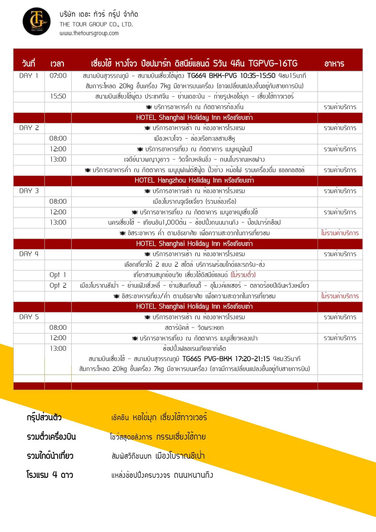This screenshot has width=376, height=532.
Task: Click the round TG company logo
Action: tap(36, 21)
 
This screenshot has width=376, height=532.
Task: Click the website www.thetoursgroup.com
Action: tap(89, 33)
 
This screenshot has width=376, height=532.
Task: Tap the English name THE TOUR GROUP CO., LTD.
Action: tap(96, 24)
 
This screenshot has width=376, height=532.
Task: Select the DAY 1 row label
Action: tap(29, 76)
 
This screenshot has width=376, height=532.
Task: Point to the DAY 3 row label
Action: tap(29, 191)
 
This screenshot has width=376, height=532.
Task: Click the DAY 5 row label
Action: tap(29, 317)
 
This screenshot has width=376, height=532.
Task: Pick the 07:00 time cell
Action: tap(58, 76)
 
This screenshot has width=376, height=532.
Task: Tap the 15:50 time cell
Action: tap(58, 96)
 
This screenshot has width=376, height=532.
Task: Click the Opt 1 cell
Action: tap(58, 275)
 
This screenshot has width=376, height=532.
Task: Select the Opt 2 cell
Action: tap(58, 286)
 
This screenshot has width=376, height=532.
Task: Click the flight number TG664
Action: tap(197, 76)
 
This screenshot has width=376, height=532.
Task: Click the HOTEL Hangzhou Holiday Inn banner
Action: tap(194, 180)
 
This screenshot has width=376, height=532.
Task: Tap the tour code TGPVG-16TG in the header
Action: tap(273, 63)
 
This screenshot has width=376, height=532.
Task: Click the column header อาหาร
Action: tap(334, 63)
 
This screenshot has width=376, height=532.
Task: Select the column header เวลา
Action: tap(57, 63)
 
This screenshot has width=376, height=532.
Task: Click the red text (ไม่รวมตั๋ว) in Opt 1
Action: tap(243, 275)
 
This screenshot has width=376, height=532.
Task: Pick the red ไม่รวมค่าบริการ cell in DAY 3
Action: tap(340, 233)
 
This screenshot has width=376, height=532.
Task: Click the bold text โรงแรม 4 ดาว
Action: tap(50, 475)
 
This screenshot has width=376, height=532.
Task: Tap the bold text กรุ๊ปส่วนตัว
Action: tap(44, 417)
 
